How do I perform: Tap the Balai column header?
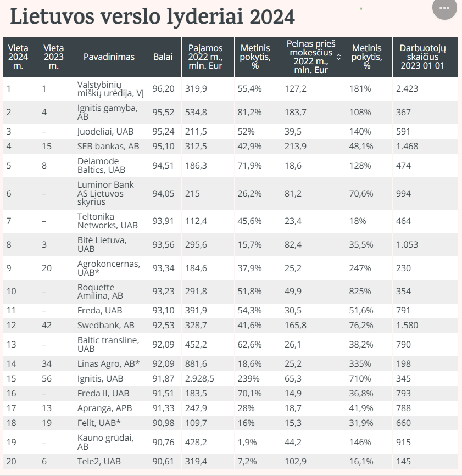tap(163, 57)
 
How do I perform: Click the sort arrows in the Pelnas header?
tap(339, 57)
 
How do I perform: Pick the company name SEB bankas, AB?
tap(108, 146)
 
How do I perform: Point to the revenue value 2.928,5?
tap(199, 379)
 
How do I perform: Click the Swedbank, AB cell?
tap(105, 325)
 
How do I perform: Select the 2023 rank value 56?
tap(47, 379)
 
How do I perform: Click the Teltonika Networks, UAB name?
tap(107, 221)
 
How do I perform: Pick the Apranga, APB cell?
tap(104, 408)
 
